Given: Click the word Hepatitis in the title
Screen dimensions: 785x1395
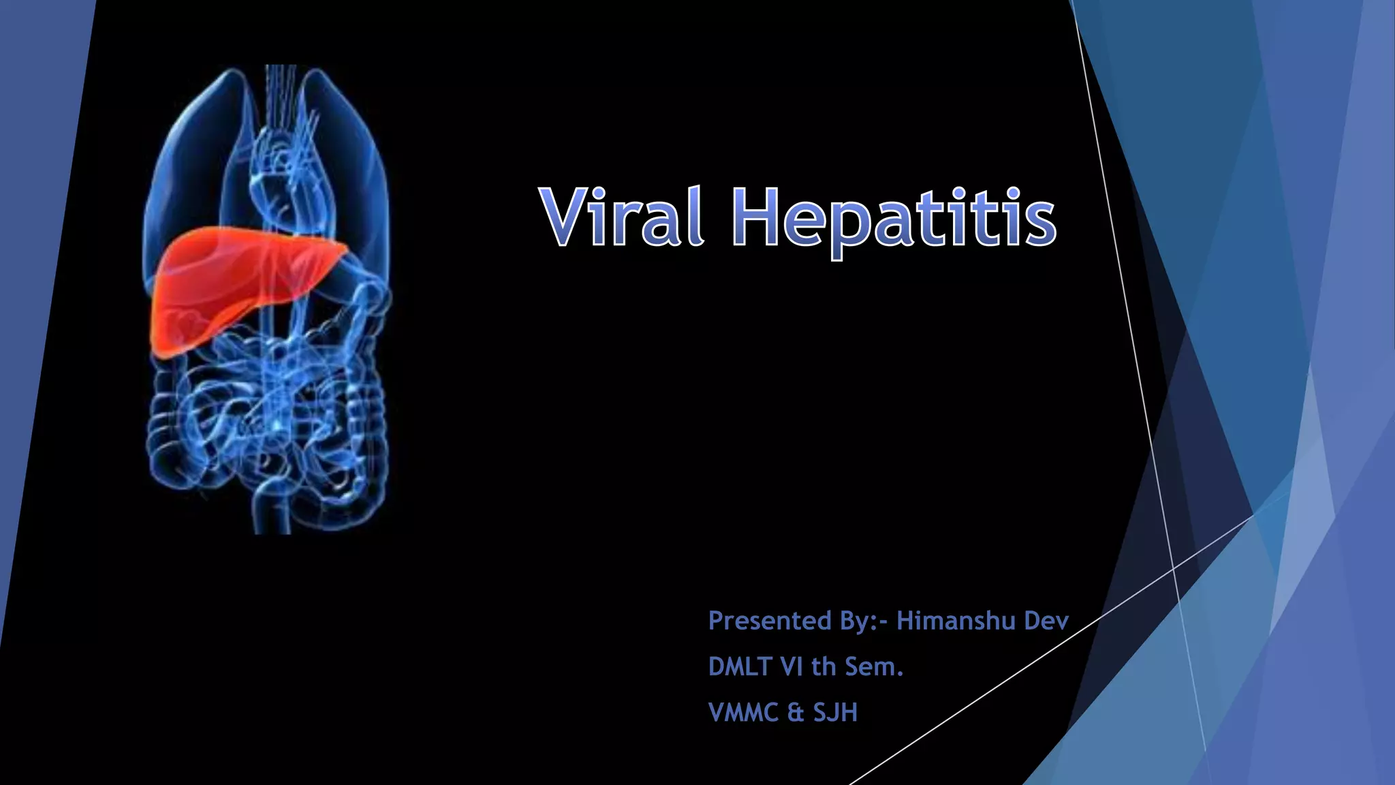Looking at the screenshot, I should pyautogui.click(x=894, y=218).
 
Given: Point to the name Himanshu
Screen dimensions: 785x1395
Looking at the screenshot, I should pyautogui.click(x=956, y=621).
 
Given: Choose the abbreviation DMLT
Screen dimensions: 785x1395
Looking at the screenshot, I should pyautogui.click(x=740, y=666).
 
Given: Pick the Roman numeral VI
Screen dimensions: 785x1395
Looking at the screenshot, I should pyautogui.click(x=791, y=666).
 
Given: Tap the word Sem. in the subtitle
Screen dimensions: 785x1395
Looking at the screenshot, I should pyautogui.click(x=874, y=666).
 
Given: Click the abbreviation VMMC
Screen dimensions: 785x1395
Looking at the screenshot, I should pyautogui.click(x=743, y=712).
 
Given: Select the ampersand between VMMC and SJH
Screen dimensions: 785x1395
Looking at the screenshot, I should pyautogui.click(x=795, y=713).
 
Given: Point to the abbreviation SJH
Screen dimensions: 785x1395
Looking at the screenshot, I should pyautogui.click(x=835, y=712).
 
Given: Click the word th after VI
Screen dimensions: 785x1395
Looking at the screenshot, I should pyautogui.click(x=824, y=666).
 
